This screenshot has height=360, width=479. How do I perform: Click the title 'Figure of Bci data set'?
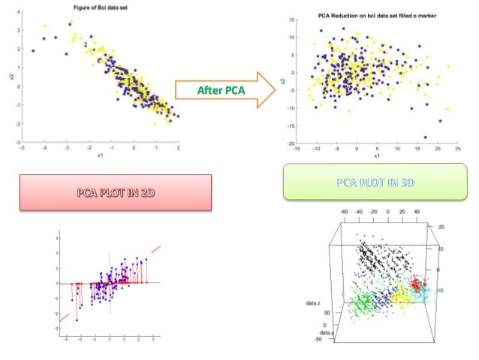point(100,8)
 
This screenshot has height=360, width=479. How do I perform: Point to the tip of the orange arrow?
point(276,90)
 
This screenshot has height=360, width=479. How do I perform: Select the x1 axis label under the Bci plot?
point(101,156)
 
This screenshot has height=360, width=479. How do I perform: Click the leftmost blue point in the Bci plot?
point(33,50)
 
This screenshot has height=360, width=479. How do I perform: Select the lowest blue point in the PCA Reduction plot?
point(425,138)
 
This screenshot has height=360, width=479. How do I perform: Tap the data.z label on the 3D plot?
point(313,303)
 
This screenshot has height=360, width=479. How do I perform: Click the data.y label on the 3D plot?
point(327,332)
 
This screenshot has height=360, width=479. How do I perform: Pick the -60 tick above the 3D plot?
point(344,213)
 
